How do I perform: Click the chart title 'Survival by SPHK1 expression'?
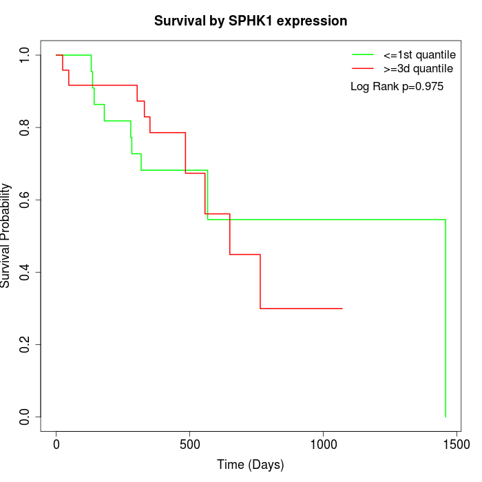(x=251, y=21)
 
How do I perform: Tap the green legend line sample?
(x=363, y=54)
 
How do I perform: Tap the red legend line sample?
(x=363, y=69)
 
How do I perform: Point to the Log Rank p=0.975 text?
(x=397, y=87)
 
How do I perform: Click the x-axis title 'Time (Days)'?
(x=251, y=465)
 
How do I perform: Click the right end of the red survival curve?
(x=342, y=308)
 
